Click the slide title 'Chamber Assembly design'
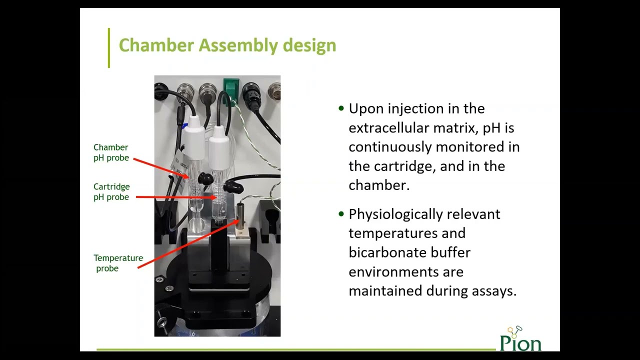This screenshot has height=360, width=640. (227, 45)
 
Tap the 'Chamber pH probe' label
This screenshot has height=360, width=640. (111, 152)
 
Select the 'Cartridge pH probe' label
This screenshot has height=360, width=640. (111, 192)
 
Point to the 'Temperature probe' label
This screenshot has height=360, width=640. (118, 263)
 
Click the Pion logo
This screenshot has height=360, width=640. (520, 339)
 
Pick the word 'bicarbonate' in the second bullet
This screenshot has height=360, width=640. (409, 252)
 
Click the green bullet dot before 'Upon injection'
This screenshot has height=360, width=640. (341, 108)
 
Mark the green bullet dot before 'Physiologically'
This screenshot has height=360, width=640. (341, 214)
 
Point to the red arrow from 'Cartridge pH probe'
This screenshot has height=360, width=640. (175, 197)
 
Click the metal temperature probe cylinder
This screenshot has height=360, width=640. (241, 216)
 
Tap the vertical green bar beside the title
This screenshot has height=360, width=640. (108, 47)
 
